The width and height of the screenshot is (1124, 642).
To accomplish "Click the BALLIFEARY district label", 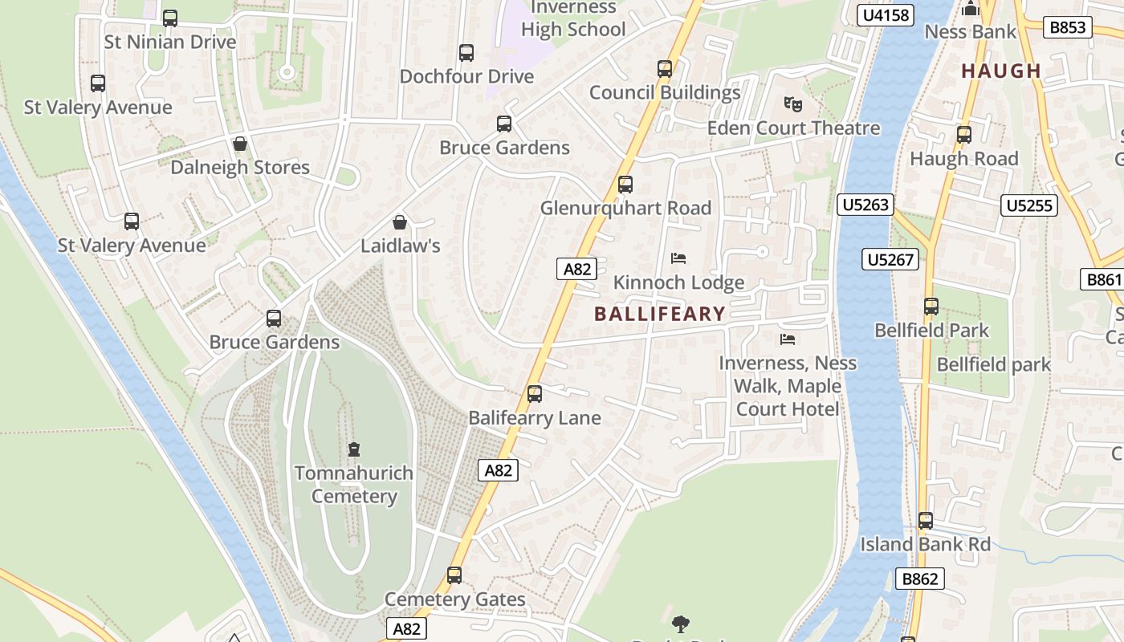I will pos(660,314).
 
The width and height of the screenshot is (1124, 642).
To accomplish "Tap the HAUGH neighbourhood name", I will pos(1001,71).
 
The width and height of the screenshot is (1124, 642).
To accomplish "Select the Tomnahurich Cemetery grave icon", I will pos(354,449).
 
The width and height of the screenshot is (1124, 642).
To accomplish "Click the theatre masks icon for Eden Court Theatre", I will pos(792,104).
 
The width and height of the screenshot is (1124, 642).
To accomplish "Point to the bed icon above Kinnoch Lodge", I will pos(678,258).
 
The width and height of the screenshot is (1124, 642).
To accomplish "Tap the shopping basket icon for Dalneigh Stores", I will pos(239,144).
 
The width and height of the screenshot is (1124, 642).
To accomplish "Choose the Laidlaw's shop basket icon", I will pos(400,221).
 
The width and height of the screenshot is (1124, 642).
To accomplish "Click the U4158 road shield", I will pos(886,15).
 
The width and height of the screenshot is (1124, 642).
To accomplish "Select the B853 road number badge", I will pos(1068,27).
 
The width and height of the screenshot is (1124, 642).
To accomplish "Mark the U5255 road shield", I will pos(1029,205).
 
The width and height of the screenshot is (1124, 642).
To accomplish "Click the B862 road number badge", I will pos(920,579).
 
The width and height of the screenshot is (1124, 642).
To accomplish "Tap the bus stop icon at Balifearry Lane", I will pos(535,394).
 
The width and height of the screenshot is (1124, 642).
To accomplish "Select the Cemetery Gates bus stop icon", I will pos(454,575).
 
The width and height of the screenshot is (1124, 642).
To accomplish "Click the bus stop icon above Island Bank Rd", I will pos(926,521).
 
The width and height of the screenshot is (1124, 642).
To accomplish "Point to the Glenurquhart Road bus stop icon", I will pos(625,185).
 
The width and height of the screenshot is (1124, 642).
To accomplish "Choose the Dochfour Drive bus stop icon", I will pos(466,53).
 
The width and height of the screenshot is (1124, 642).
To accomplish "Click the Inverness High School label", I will pos(573,19).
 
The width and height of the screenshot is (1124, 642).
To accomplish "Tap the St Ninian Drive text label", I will pos(170,42).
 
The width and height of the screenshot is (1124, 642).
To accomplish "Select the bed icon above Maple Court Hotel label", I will pos(788,339).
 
